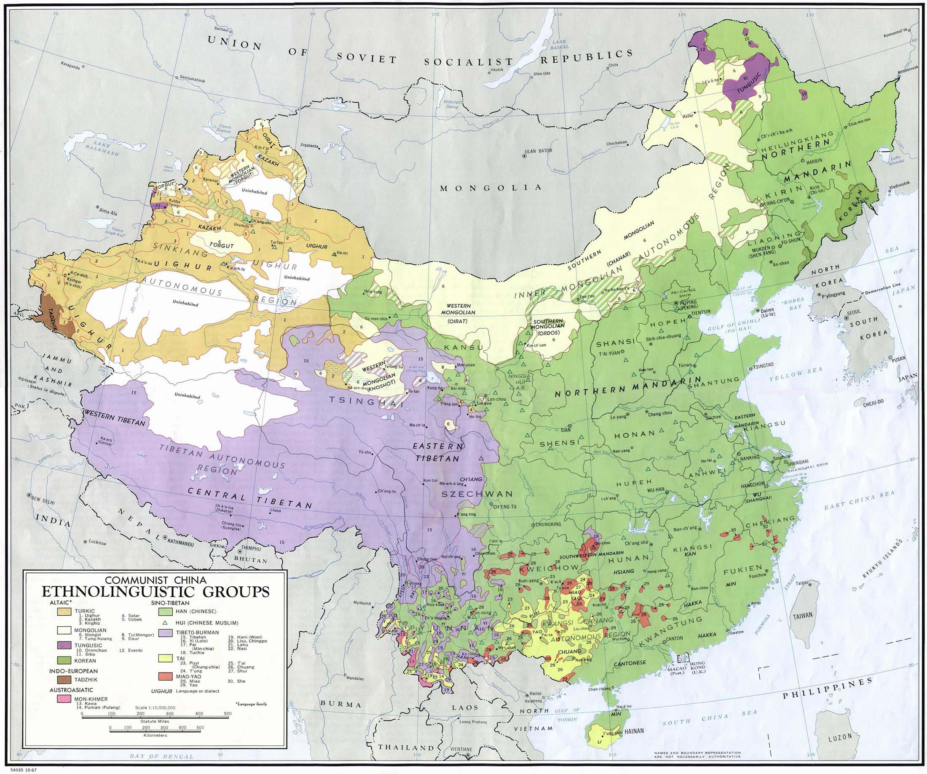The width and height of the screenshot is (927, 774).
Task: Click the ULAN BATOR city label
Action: pos(539,151)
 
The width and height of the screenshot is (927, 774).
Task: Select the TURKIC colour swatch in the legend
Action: pos(65,612)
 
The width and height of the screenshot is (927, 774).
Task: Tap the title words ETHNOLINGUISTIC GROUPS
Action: pos(155,590)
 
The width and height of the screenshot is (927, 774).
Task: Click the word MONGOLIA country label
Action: pos(491,188)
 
